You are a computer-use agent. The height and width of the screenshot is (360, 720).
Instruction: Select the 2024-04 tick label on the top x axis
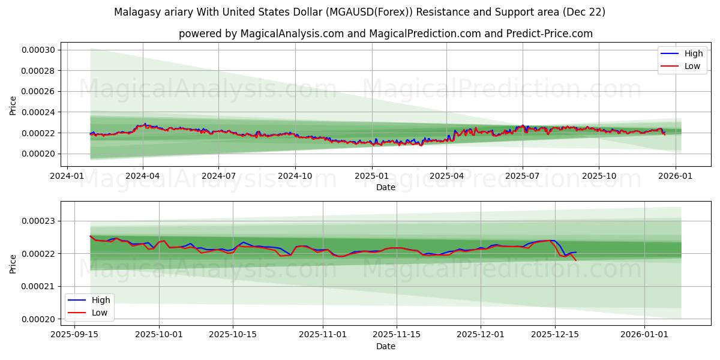click(x=142, y=177)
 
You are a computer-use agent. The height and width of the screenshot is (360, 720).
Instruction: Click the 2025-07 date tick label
click(x=522, y=177)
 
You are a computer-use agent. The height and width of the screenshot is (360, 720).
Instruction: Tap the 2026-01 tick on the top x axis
click(x=676, y=177)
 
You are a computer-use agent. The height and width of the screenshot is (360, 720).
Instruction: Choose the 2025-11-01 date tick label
click(x=323, y=334)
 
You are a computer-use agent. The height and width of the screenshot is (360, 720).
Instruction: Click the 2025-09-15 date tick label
click(x=75, y=334)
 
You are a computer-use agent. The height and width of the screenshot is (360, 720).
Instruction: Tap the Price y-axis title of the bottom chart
click(x=13, y=263)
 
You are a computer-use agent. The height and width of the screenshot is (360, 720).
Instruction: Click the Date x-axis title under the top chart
click(x=386, y=187)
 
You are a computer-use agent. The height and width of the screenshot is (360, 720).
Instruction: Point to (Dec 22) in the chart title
click(x=584, y=12)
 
